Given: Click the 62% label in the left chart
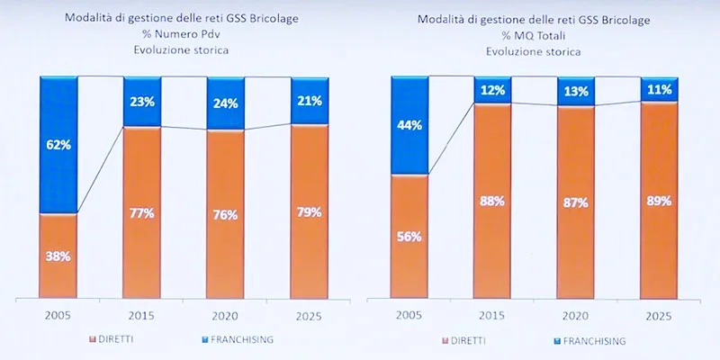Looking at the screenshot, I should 58,143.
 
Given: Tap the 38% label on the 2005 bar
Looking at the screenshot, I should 58,256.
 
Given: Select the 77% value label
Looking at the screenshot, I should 142,213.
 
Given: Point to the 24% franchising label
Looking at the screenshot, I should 226,103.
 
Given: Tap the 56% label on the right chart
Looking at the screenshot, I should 409,237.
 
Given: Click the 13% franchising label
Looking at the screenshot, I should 576,90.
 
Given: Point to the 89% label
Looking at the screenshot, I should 659,201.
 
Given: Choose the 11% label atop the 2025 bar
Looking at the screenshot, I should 659,89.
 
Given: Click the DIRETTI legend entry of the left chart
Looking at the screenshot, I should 125,339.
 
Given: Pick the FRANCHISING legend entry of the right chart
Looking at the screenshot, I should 589,341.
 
